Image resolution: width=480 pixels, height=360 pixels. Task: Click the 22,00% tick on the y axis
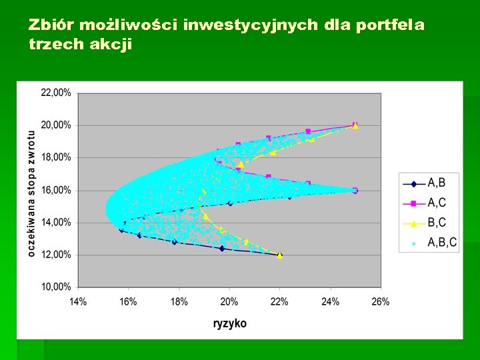pyautogui.click(x=56, y=93)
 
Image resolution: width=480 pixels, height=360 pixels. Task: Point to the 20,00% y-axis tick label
pyautogui.click(x=56, y=125)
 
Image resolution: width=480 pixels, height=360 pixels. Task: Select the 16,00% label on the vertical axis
pyautogui.click(x=56, y=190)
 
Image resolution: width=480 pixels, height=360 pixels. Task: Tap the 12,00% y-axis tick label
pyautogui.click(x=56, y=255)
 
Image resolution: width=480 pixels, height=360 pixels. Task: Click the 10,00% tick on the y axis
pyautogui.click(x=56, y=287)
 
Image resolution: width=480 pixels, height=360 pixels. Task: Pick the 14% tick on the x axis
pyautogui.click(x=78, y=302)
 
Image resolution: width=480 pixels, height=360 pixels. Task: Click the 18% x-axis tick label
pyautogui.click(x=179, y=302)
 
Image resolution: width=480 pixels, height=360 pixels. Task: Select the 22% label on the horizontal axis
pyautogui.click(x=280, y=302)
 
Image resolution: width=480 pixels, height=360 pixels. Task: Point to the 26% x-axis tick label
pyautogui.click(x=381, y=302)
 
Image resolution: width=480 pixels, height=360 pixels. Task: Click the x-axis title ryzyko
pyautogui.click(x=229, y=323)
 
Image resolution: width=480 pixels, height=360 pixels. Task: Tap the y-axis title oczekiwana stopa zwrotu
pyautogui.click(x=31, y=193)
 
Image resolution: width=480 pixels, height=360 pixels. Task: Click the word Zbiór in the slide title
pyautogui.click(x=51, y=25)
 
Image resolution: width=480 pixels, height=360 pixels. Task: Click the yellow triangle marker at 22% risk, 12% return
pyautogui.click(x=280, y=255)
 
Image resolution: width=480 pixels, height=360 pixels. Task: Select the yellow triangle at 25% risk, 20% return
pyautogui.click(x=355, y=125)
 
